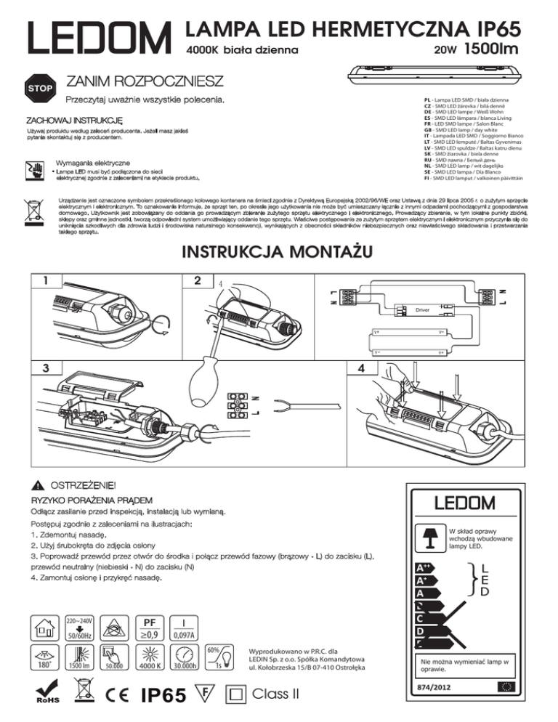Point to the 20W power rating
pyautogui.click(x=444, y=52)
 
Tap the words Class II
pyautogui.click(x=275, y=693)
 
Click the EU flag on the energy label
pyautogui.click(x=507, y=686)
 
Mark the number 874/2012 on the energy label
pyautogui.click(x=434, y=686)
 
